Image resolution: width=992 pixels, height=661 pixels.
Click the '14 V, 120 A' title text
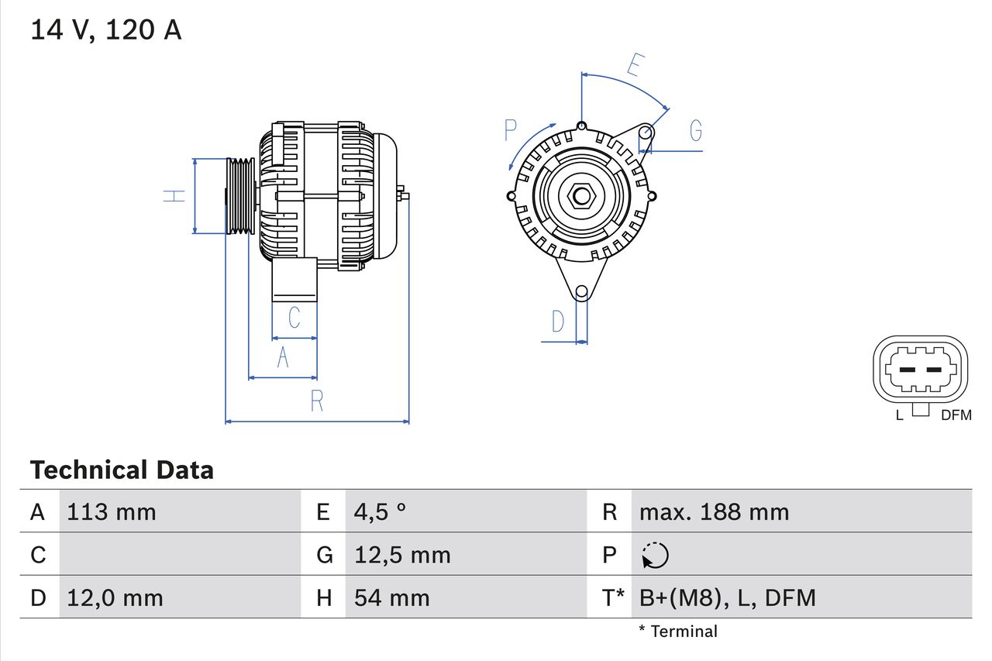(106, 29)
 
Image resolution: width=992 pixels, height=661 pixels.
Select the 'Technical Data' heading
(122, 470)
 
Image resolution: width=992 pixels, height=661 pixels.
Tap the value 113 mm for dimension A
(112, 512)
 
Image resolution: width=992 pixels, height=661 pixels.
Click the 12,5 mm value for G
(402, 555)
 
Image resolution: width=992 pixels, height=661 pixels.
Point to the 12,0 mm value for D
(115, 597)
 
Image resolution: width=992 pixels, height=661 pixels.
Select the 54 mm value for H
(391, 597)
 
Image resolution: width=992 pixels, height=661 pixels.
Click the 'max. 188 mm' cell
(714, 512)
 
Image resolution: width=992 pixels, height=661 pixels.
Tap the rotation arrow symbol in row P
(655, 555)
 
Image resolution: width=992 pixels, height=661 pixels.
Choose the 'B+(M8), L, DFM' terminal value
(727, 597)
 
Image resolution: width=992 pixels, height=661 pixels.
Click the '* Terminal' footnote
(678, 632)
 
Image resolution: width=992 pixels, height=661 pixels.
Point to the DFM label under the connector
(956, 415)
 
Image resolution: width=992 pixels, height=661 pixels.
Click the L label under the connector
(899, 415)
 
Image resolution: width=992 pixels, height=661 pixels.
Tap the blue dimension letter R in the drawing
(316, 401)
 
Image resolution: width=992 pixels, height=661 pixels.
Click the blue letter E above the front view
(635, 65)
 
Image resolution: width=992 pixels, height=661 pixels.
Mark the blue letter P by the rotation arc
(510, 130)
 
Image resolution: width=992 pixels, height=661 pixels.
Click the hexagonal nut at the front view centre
(581, 195)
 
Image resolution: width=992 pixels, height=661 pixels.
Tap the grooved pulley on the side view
(240, 196)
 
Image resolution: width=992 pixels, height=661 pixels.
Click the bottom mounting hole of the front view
(581, 291)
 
